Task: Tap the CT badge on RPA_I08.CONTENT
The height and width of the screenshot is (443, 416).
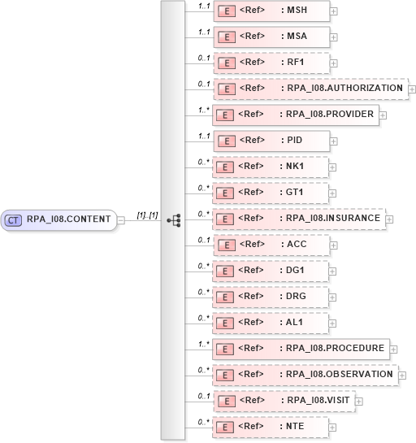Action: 13,219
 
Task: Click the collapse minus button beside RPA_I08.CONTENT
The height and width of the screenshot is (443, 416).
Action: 120,219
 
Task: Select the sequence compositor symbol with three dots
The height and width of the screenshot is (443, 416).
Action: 173,219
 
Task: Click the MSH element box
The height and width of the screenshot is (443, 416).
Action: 271,11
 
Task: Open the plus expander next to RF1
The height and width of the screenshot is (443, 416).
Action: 334,63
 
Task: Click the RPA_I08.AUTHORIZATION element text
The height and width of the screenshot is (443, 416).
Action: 344,89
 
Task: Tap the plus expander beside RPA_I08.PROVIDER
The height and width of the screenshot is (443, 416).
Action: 383,115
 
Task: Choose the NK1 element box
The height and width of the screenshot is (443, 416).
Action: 271,167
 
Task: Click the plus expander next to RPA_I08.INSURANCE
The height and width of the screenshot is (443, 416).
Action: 388,219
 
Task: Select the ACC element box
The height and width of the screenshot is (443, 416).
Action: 271,245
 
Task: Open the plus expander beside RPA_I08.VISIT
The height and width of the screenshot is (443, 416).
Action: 358,401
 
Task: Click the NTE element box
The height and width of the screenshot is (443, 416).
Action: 271,426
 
